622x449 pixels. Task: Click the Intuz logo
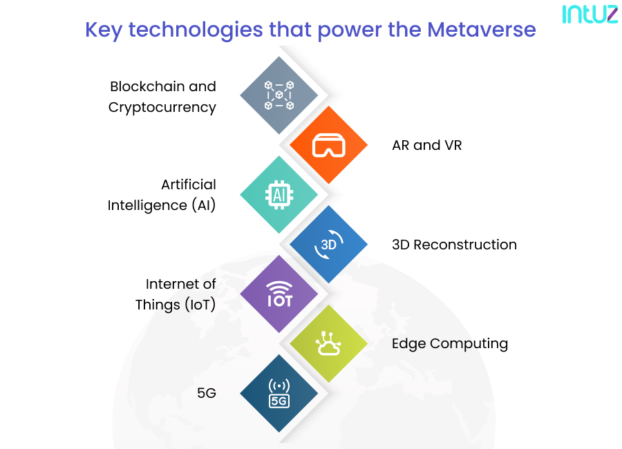(590, 15)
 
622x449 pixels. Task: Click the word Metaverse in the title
(481, 30)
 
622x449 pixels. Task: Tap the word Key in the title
(104, 30)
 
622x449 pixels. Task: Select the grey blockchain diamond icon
(279, 95)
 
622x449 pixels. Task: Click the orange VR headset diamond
(328, 145)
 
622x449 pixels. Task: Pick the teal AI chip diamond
(279, 194)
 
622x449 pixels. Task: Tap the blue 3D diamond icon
(328, 244)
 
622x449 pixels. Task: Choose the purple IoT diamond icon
(279, 294)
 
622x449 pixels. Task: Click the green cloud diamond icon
(328, 343)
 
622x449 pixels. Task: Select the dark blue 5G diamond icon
(279, 393)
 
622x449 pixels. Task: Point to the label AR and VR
(426, 146)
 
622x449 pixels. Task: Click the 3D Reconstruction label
(454, 245)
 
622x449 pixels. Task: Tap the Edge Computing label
(450, 343)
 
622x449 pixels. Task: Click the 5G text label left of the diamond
(207, 393)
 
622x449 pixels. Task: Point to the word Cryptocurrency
(162, 107)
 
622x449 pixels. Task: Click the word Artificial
(189, 184)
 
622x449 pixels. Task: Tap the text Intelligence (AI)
(162, 205)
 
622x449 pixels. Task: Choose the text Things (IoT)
(176, 304)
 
